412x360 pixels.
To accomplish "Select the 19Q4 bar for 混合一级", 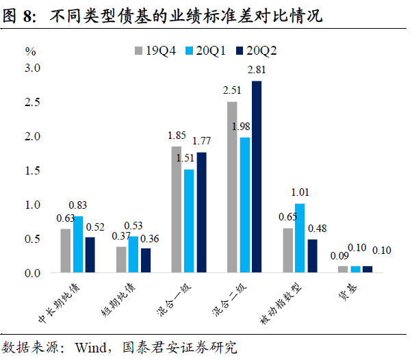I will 177,209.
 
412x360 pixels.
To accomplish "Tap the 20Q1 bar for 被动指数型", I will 300,238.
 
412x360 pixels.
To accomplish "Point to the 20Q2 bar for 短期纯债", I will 145,261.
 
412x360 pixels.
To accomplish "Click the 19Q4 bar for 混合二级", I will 232,187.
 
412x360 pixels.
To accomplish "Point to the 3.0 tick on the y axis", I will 33,68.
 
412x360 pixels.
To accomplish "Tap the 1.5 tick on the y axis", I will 33,170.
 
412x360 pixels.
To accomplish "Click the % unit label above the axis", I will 31,51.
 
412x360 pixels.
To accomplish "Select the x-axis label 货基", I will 346,294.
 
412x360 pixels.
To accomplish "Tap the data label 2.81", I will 257,70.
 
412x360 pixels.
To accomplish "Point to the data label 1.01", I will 300,192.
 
